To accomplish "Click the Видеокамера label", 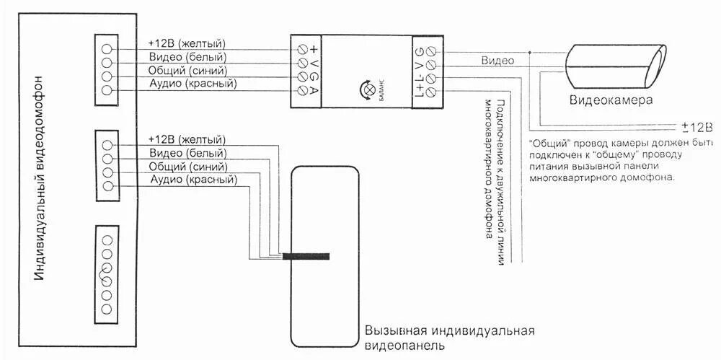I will (611, 100).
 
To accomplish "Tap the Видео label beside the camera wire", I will (497, 61).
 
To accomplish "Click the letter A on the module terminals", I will (314, 92).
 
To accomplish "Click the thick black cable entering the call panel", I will (306, 256).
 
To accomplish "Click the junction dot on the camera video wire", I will (530, 52).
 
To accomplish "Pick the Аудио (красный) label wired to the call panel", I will (193, 179).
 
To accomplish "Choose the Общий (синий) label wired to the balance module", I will (187, 71).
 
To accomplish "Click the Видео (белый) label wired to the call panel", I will (188, 153).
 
